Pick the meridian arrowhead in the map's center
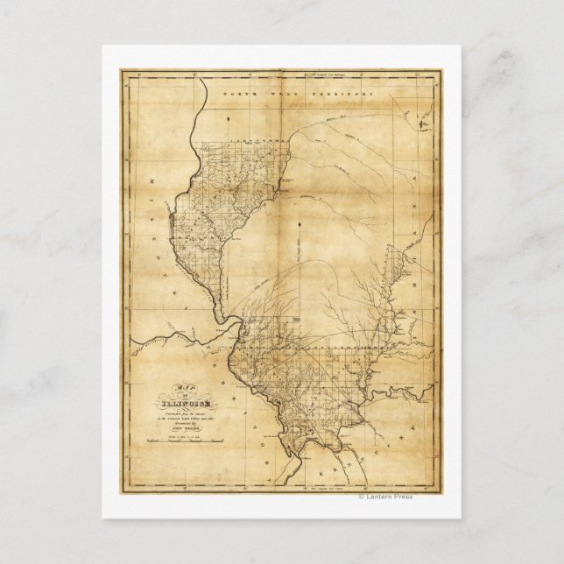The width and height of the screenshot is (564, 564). (300, 226)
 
